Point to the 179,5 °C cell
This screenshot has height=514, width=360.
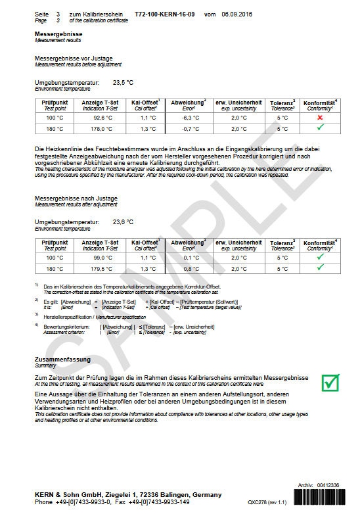point(100,269)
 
